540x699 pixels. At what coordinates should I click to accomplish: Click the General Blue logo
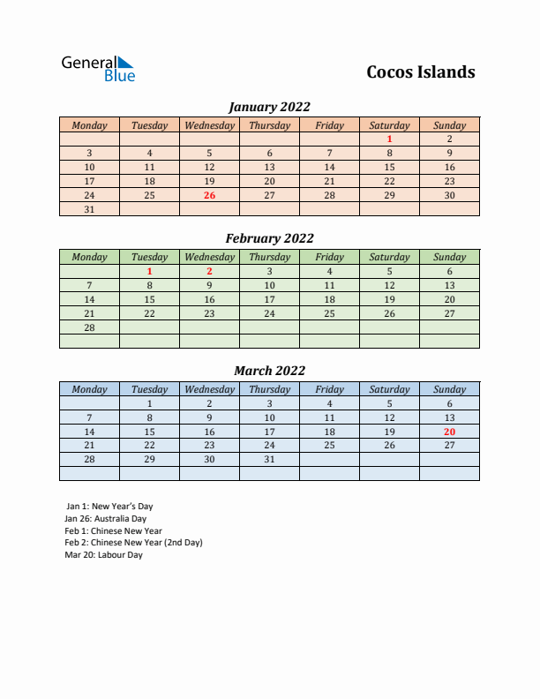click(98, 69)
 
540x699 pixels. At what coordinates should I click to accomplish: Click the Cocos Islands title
click(420, 72)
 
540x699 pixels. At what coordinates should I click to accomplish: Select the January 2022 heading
click(269, 107)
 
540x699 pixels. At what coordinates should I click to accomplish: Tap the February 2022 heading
click(269, 238)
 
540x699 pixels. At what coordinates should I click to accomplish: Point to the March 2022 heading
click(269, 371)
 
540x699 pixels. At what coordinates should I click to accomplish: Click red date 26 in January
click(209, 195)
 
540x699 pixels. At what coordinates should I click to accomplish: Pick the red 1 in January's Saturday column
click(389, 139)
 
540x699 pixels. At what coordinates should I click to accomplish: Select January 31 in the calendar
click(89, 209)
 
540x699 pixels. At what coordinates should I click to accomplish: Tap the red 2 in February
click(209, 271)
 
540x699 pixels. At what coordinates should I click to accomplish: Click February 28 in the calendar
click(89, 327)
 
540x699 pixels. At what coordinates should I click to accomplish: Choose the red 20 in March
click(449, 432)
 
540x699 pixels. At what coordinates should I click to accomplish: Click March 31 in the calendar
click(269, 460)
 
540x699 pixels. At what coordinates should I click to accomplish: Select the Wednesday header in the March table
click(209, 389)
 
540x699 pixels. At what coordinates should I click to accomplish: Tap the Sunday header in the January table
click(449, 125)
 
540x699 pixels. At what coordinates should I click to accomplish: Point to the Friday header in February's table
click(329, 257)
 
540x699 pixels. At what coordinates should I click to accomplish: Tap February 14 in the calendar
click(89, 299)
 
